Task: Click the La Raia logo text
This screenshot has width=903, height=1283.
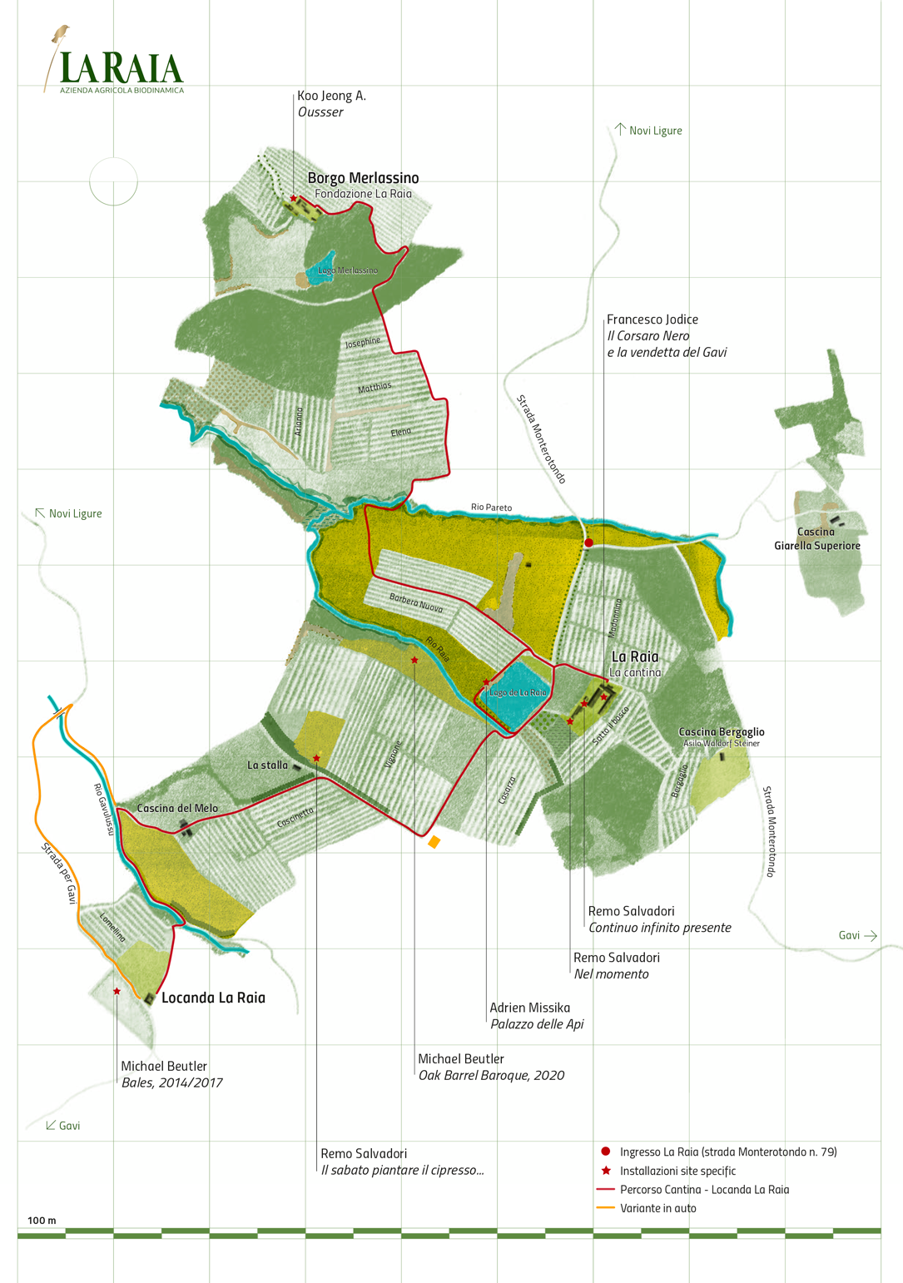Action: click(x=122, y=68)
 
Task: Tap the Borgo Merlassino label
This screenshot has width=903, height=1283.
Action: click(x=363, y=178)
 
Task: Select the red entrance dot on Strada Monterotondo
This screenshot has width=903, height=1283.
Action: click(x=588, y=542)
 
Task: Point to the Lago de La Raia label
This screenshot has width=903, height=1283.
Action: click(x=518, y=692)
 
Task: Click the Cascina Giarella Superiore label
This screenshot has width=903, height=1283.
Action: click(x=816, y=538)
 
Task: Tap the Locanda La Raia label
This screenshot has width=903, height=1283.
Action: click(x=213, y=998)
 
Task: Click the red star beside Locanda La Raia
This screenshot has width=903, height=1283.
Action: click(x=117, y=991)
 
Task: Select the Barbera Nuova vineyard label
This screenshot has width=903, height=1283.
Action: click(x=416, y=602)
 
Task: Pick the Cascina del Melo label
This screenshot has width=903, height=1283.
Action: click(x=177, y=808)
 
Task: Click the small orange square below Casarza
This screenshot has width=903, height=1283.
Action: click(x=434, y=843)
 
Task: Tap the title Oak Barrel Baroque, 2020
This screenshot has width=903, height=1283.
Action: click(x=491, y=1075)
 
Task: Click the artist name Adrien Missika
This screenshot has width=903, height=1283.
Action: click(x=529, y=1008)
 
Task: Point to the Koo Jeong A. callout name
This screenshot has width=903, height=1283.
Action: click(x=331, y=96)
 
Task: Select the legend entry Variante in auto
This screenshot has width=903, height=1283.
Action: click(x=657, y=1208)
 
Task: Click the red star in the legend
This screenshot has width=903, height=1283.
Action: click(x=606, y=1171)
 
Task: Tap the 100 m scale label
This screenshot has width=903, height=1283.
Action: click(x=42, y=1221)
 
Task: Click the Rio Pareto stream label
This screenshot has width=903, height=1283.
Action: click(x=491, y=507)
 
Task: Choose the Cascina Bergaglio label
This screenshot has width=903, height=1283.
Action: click(x=721, y=732)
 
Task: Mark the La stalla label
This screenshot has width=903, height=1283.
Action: click(x=267, y=765)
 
